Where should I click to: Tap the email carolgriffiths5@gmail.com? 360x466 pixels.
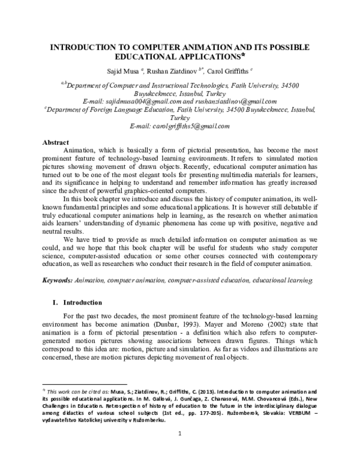tap(180, 126)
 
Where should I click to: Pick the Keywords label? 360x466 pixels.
tap(56, 280)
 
